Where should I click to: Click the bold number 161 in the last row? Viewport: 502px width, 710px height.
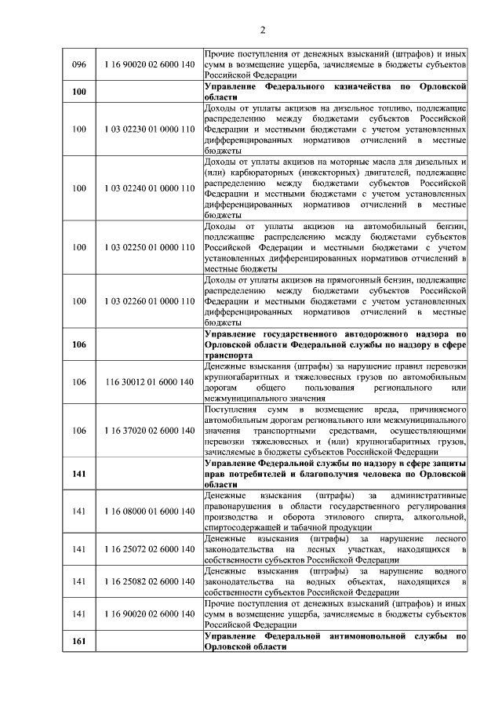(x=78, y=642)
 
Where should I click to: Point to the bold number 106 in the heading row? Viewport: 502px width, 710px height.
(x=78, y=344)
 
